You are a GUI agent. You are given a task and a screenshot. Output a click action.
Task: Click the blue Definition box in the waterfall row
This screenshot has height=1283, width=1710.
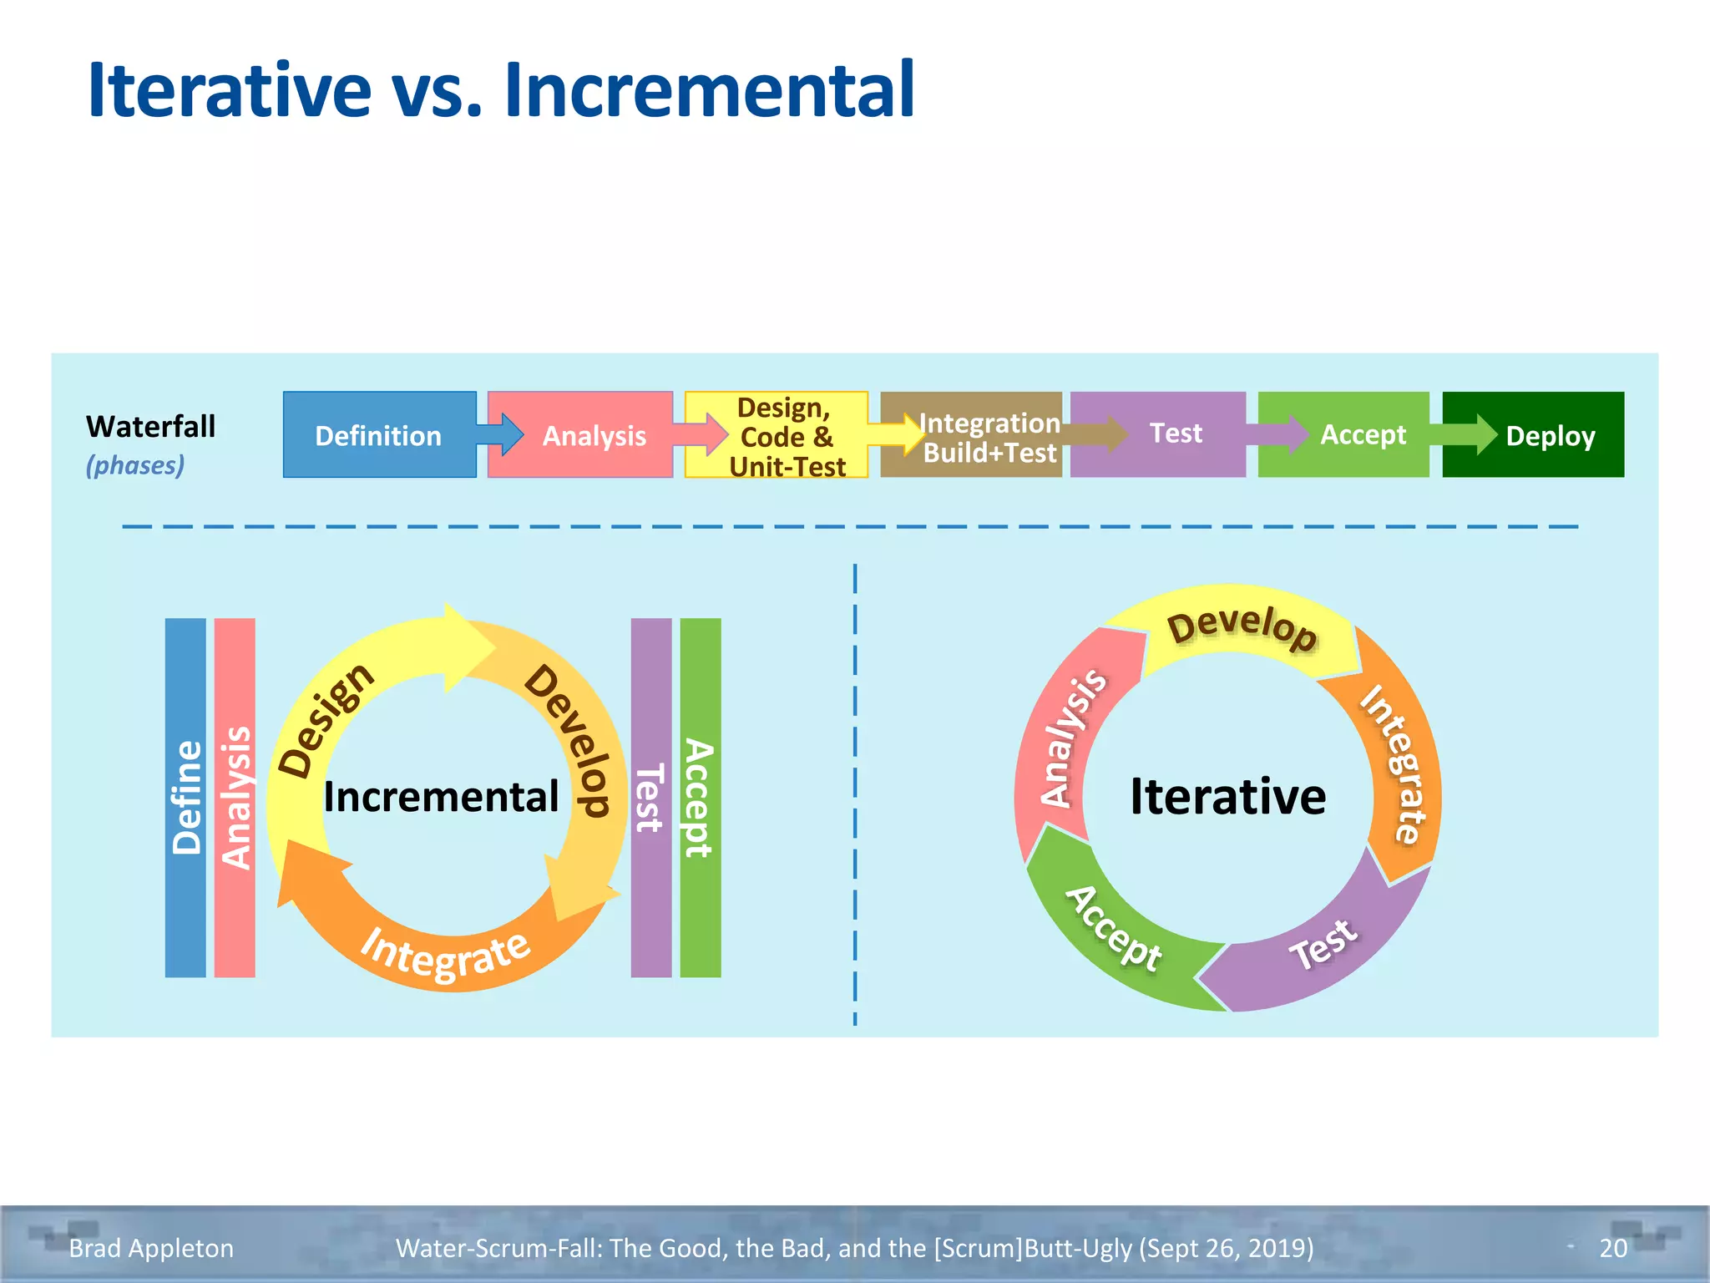click(378, 435)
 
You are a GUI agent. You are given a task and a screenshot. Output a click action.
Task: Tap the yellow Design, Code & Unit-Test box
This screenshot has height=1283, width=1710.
click(785, 436)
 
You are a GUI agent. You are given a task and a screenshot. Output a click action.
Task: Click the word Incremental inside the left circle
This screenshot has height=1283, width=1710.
click(441, 796)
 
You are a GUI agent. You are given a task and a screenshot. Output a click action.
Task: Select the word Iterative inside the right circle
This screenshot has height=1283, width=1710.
click(1227, 796)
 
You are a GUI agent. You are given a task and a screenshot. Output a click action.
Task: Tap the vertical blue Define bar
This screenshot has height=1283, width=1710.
click(185, 798)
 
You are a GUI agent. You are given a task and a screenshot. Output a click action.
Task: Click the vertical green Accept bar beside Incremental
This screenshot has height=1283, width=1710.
click(700, 798)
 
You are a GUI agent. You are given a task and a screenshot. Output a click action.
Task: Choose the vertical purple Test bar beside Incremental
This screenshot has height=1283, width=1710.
click(650, 798)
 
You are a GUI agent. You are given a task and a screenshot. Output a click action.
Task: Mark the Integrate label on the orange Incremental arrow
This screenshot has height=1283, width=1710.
click(445, 954)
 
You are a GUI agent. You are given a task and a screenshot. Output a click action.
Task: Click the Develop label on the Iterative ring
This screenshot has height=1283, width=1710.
click(1242, 628)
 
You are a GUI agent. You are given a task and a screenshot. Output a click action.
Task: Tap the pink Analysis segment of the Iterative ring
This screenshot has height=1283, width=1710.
click(1071, 738)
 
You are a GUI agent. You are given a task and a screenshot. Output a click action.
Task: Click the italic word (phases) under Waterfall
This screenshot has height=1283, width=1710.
click(135, 465)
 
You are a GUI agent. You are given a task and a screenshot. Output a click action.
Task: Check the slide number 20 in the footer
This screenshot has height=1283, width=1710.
click(1613, 1248)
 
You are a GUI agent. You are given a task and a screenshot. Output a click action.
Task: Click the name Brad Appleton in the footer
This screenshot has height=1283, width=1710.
click(151, 1248)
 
